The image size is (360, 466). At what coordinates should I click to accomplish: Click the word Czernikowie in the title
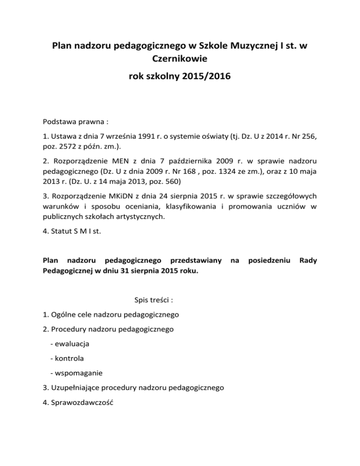click(x=180, y=60)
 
